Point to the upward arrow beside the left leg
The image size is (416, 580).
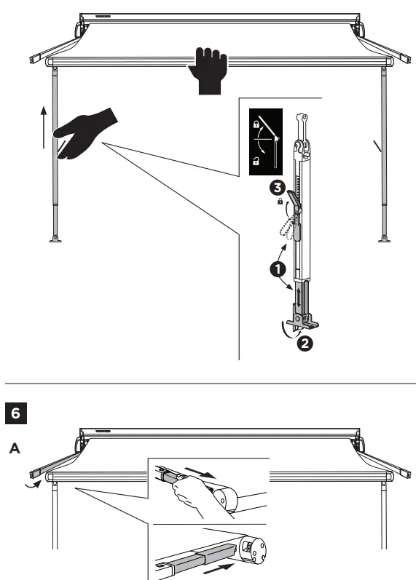[44, 127]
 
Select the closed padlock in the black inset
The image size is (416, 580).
[256, 125]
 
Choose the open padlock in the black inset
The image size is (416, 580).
[256, 161]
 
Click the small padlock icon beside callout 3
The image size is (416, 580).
[280, 202]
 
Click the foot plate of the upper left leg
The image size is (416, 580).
[55, 238]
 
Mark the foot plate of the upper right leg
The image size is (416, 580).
[382, 238]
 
